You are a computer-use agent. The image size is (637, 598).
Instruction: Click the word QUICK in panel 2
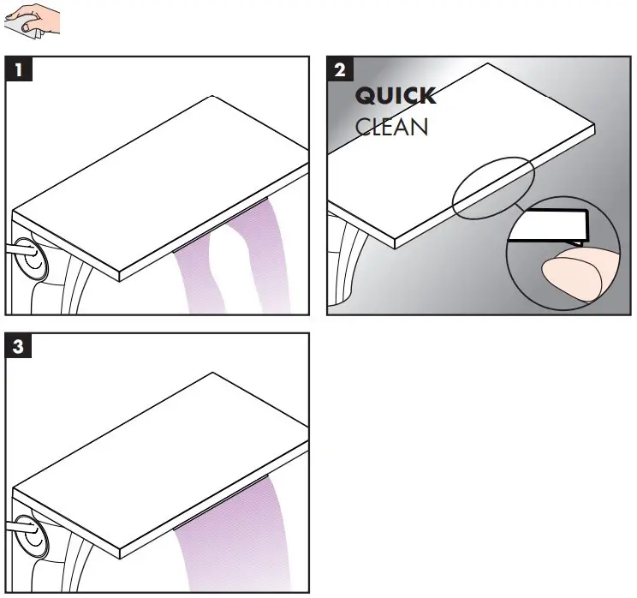tap(395, 96)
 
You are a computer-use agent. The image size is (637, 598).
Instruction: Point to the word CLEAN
tap(391, 128)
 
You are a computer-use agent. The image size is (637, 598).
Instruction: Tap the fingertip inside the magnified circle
tap(570, 274)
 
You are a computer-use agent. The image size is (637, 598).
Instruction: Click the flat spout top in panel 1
tap(163, 180)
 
